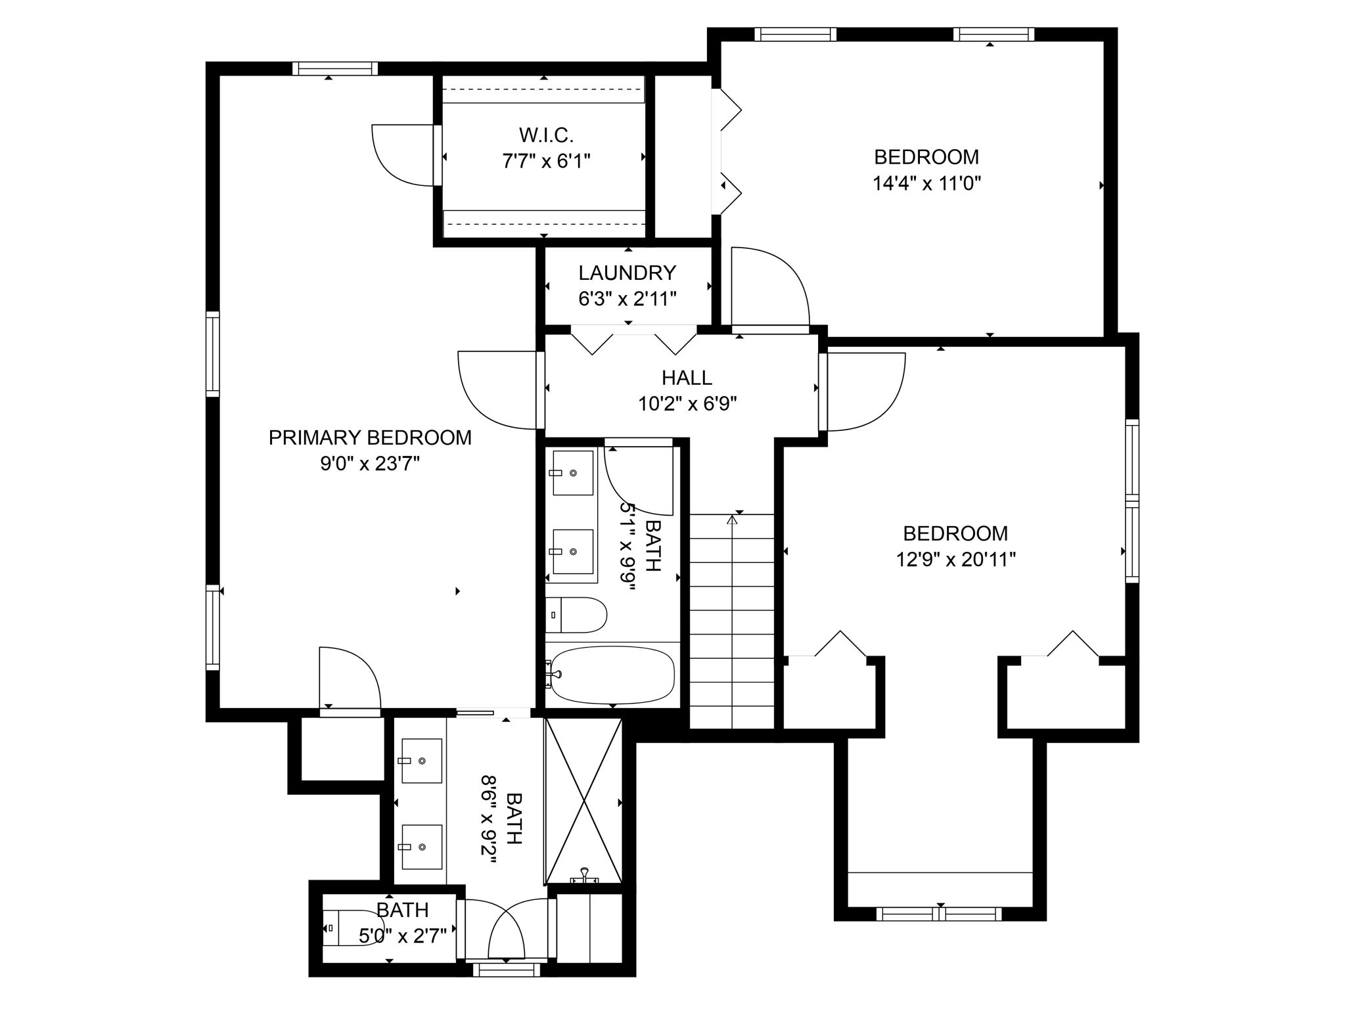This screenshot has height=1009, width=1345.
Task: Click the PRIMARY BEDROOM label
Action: click(x=370, y=437)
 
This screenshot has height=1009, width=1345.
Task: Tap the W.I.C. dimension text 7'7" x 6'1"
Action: click(x=546, y=162)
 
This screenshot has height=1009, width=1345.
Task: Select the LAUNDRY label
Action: click(x=627, y=272)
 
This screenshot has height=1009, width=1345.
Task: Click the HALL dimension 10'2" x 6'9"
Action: click(x=687, y=403)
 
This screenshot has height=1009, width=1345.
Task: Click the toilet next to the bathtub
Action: click(x=576, y=615)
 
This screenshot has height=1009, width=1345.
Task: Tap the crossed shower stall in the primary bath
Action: click(x=583, y=801)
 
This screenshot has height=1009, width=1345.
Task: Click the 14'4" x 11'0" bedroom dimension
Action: click(x=926, y=183)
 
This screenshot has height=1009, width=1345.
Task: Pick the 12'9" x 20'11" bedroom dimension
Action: click(x=956, y=560)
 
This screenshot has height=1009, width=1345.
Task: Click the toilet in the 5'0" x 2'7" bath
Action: click(x=348, y=928)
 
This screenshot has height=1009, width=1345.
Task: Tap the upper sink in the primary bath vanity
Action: click(x=421, y=761)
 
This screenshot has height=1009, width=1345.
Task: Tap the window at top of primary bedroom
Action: click(x=335, y=68)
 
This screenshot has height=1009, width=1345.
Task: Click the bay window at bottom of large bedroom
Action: click(x=940, y=913)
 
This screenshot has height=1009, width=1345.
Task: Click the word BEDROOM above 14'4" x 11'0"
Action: click(x=926, y=157)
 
